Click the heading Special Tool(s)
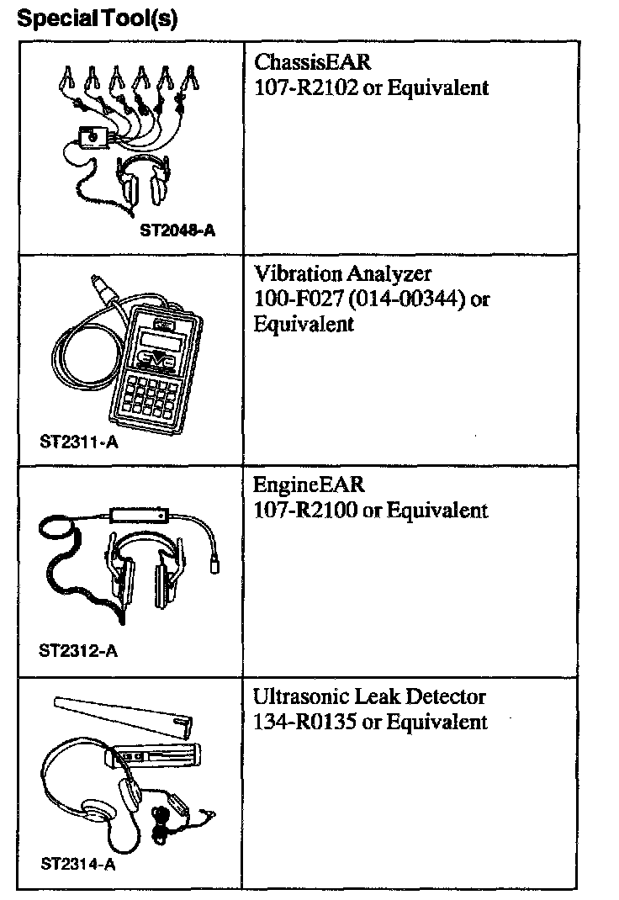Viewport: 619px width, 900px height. click(98, 19)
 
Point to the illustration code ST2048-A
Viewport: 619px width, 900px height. click(177, 229)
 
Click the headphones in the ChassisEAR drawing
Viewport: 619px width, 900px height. click(144, 182)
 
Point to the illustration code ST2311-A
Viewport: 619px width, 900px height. click(79, 442)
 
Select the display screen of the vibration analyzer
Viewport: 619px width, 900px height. click(162, 344)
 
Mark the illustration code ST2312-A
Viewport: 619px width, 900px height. click(78, 650)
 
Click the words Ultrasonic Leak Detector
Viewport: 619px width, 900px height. click(370, 697)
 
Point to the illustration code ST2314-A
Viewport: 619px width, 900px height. click(78, 864)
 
